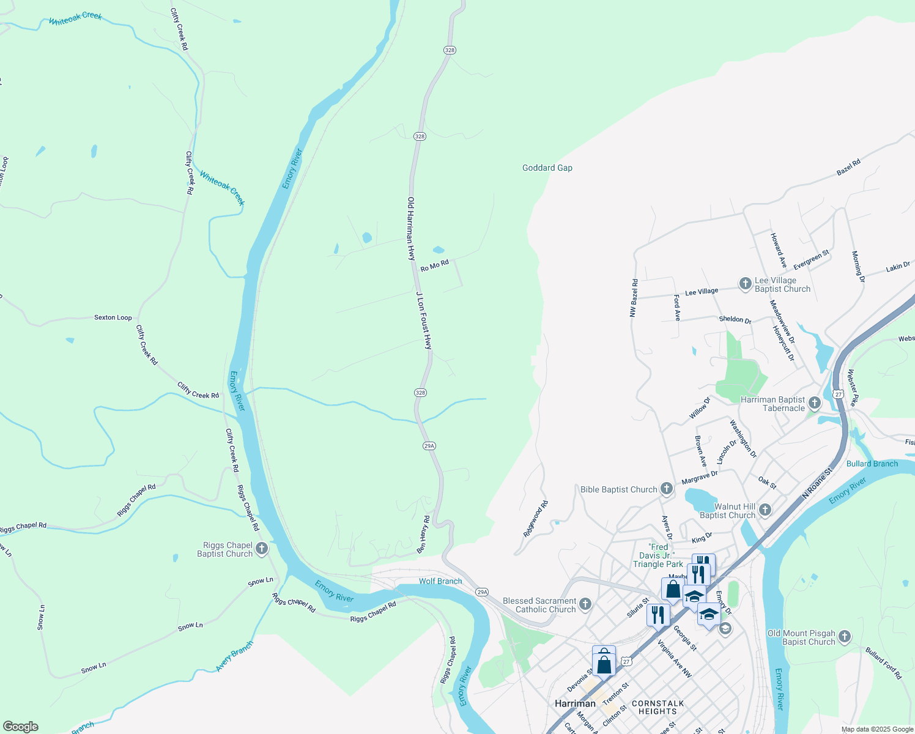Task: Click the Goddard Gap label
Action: point(547,168)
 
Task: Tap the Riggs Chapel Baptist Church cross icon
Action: point(262,549)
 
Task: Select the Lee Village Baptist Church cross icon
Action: point(745,283)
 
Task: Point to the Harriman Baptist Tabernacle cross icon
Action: point(814,402)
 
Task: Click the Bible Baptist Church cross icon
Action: point(667,489)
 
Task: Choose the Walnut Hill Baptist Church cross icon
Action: point(765,510)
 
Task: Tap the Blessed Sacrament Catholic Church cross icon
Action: point(585,604)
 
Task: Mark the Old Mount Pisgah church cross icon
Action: point(844,637)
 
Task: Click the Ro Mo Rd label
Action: point(435,265)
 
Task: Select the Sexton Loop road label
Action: point(113,317)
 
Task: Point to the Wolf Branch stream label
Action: point(440,581)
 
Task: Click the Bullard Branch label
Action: point(872,464)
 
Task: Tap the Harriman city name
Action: point(575,703)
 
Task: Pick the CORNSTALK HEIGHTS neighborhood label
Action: point(658,708)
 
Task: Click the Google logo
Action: point(20,726)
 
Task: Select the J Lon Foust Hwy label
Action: point(424,321)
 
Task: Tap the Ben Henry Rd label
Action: point(423,535)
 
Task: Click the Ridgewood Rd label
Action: point(536,519)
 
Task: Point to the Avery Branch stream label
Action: point(235,656)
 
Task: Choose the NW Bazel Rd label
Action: point(634,298)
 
